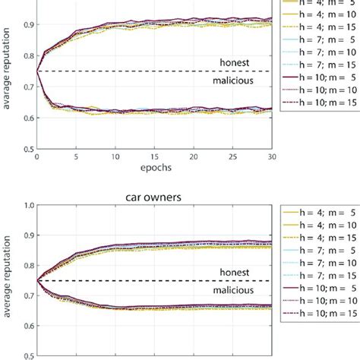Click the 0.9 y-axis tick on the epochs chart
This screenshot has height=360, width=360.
(27, 25)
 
